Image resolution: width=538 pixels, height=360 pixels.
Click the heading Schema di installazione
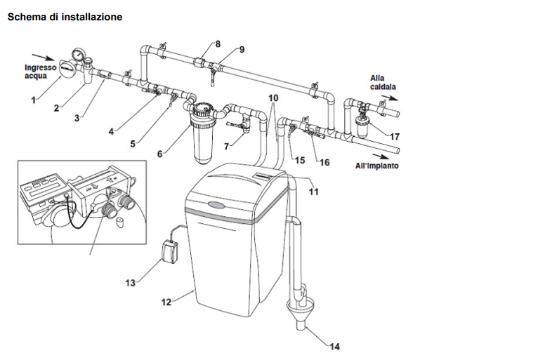coord(65,17)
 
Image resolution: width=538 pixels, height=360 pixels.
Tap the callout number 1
coord(33,100)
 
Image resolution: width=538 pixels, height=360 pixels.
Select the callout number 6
coord(159,154)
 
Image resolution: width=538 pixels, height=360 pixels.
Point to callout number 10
coord(273,98)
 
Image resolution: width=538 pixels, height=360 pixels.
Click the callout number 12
coord(166,302)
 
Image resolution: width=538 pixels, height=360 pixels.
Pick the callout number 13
coord(131,283)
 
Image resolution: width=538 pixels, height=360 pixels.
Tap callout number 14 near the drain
coord(334,347)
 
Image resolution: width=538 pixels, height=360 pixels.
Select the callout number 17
coord(395,136)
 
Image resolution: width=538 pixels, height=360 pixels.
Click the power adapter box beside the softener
coord(170,252)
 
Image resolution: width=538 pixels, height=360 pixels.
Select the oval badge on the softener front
coord(217,206)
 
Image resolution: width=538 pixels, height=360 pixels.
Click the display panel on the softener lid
coord(263,176)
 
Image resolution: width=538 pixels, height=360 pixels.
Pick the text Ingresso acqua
coord(40,72)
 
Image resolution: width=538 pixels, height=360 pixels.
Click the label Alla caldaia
coord(383,82)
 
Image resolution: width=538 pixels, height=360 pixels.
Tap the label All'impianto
coord(376,166)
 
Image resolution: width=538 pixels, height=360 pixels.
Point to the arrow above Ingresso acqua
coord(43,57)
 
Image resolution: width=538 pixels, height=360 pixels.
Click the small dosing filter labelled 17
coord(362,125)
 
